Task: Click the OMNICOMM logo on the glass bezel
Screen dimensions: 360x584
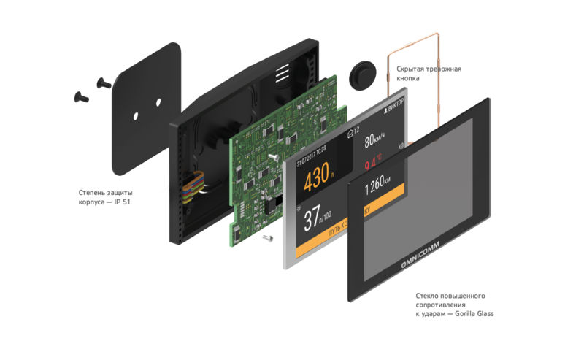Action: pos(426,252)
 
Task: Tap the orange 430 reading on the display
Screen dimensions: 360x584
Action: pos(317,179)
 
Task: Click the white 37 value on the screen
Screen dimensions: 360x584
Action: pos(313,218)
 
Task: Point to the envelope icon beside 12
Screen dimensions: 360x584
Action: pos(353,131)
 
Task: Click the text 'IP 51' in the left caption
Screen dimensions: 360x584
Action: pos(128,202)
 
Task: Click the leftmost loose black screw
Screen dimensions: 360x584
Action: pos(80,95)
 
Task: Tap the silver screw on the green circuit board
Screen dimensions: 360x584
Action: pos(272,157)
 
